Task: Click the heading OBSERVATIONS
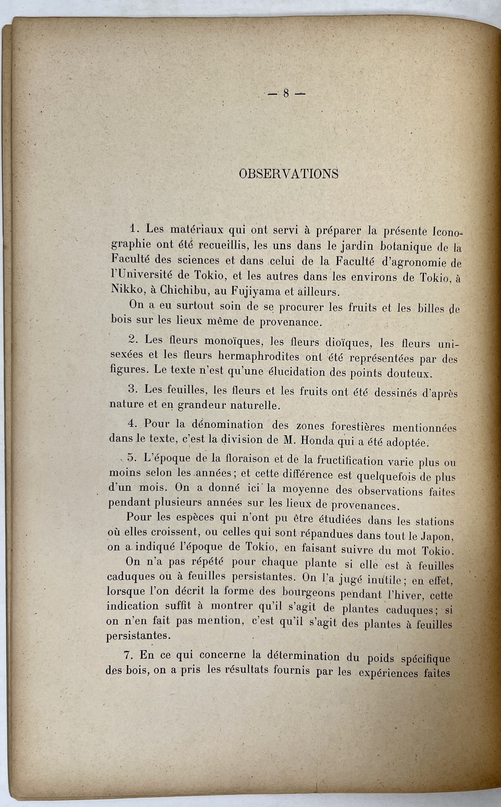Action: [289, 174]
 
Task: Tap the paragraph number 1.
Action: [134, 228]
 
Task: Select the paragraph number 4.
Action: [133, 423]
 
